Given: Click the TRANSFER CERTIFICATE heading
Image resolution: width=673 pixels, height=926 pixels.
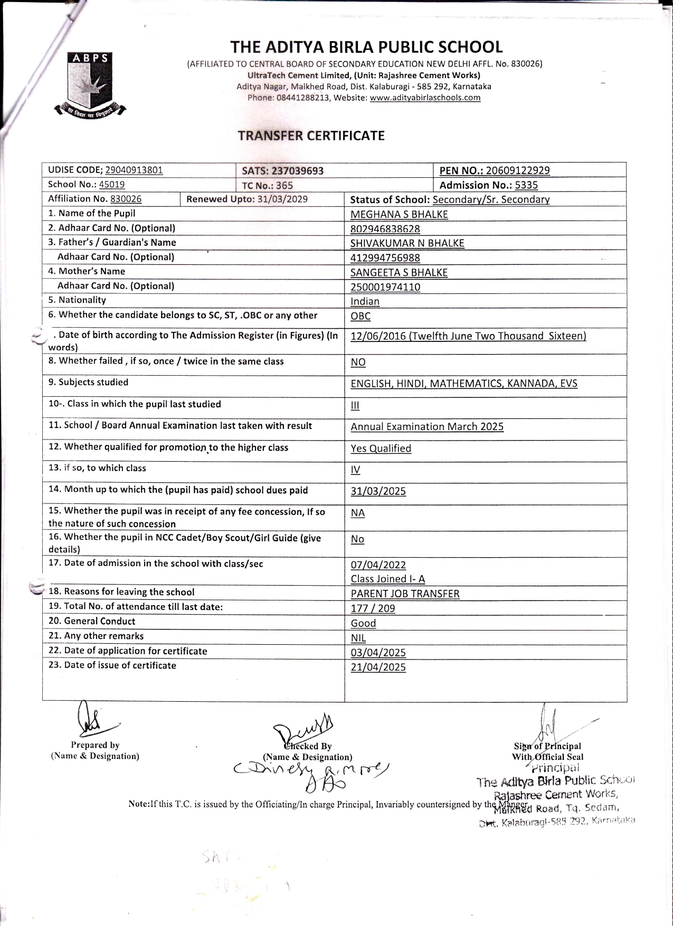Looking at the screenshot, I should coord(311,136).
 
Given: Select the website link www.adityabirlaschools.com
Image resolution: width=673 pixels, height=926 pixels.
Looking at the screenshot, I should coord(425,98).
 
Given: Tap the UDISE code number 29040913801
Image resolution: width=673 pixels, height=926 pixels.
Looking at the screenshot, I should coord(134,170).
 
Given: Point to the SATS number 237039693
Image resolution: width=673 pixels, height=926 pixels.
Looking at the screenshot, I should coord(297,170).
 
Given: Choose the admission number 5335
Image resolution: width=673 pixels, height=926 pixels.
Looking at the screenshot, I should coord(526,185).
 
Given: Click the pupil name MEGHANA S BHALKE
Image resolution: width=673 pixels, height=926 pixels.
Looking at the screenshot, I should coord(399,214).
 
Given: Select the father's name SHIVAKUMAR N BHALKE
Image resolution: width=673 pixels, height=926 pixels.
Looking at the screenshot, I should coord(407,243).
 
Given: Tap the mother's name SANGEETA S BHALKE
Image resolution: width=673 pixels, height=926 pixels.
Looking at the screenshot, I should coord(399,272).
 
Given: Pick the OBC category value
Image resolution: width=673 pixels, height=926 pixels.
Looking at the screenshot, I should coord(361,316).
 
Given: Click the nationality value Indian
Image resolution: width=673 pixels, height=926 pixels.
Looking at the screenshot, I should coord(365,301).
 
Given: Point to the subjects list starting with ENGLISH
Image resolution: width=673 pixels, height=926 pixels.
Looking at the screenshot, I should coord(463,384).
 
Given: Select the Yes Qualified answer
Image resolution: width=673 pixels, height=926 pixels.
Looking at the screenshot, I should coord(381,448).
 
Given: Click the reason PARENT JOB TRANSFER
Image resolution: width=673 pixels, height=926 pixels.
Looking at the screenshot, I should coord(405,594).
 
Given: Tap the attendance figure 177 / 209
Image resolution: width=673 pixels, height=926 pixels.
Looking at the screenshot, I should coord(373,608).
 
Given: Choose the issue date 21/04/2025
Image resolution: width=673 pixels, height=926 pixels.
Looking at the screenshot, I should coord(378,667).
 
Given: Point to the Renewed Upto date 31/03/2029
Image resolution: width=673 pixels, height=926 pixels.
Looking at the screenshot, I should coord(282,199).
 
